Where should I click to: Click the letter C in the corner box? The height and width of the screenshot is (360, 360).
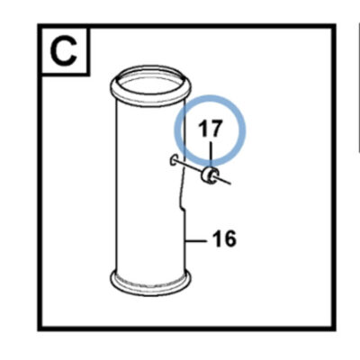coord(64,51)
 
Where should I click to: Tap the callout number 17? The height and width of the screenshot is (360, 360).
coord(211,129)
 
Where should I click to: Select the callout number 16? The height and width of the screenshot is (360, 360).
coord(224,239)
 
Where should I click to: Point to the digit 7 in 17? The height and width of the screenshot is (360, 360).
coord(216,129)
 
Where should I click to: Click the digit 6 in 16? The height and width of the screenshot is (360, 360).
coord(229,239)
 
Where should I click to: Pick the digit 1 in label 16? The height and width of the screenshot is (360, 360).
coord(217,239)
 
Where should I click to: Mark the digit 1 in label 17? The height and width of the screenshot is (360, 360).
coord(202,129)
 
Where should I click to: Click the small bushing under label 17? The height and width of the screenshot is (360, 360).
coord(210,176)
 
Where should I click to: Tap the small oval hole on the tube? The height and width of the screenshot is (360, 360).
coord(174,160)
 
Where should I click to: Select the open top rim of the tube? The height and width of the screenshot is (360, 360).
coord(150,75)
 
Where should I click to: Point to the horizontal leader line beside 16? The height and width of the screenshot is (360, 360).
coord(196,240)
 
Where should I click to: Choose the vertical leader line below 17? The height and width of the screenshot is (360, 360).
coord(211,156)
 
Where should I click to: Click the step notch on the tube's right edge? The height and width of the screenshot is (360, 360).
coord(183,208)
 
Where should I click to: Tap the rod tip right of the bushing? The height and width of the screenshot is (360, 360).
coord(230,184)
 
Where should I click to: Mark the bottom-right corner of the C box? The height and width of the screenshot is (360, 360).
coord(89,74)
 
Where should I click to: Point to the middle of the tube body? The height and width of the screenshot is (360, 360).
coord(150,186)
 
